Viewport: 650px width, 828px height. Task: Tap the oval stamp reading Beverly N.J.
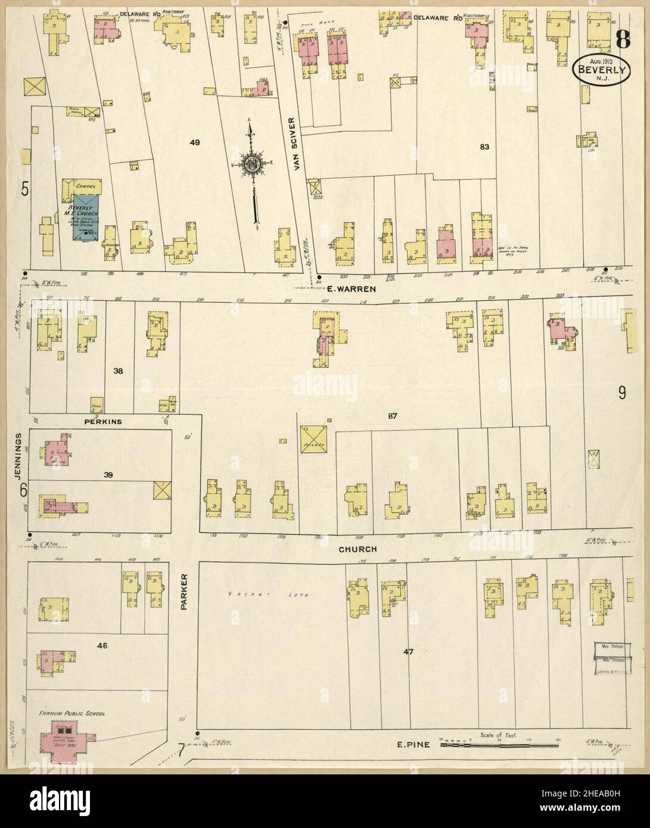point(603,70)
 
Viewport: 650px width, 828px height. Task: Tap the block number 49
point(194,142)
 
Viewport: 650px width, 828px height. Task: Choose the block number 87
point(391,415)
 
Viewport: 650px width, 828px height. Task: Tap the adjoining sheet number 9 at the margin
point(621,393)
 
